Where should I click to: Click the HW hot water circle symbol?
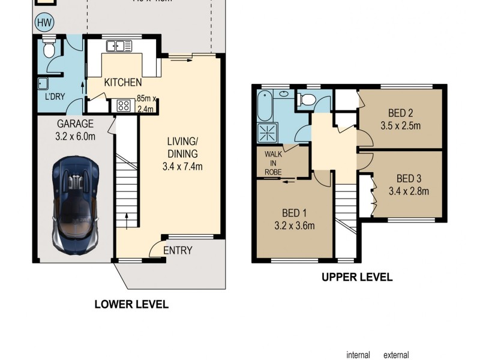(44, 23)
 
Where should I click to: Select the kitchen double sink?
(119, 46)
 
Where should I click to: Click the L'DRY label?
(49, 97)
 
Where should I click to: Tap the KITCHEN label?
(123, 82)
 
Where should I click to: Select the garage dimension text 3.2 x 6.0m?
(76, 136)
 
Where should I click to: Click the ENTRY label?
(178, 250)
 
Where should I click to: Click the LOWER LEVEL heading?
(131, 304)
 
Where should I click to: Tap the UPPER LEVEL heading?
(357, 277)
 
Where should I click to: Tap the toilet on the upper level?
(307, 100)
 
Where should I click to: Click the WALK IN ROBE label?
(272, 162)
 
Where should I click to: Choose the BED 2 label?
(400, 113)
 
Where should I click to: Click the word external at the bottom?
(396, 355)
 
